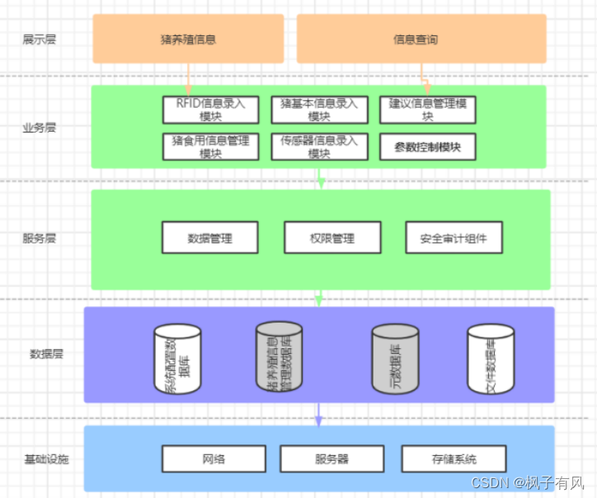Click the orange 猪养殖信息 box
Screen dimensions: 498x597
pyautogui.click(x=188, y=39)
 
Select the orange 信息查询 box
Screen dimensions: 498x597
pyautogui.click(x=421, y=39)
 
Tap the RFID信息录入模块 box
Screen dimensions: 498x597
pyautogui.click(x=211, y=110)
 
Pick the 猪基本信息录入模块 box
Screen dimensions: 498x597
pyautogui.click(x=319, y=110)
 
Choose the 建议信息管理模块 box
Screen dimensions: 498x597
pyautogui.click(x=428, y=110)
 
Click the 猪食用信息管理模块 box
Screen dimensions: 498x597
pyautogui.click(x=211, y=147)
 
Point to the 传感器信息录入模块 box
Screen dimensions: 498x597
pyautogui.click(x=319, y=147)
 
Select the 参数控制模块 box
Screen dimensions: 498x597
pyautogui.click(x=428, y=147)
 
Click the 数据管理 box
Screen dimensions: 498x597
pyautogui.click(x=210, y=238)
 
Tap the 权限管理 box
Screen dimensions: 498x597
pyautogui.click(x=331, y=238)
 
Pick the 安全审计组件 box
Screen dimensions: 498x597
pyautogui.click(x=453, y=238)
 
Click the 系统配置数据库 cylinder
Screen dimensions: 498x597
pyautogui.click(x=178, y=360)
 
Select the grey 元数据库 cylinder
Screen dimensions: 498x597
pyautogui.click(x=396, y=359)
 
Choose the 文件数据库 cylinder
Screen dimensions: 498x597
pyautogui.click(x=491, y=359)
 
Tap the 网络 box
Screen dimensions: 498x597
pyautogui.click(x=214, y=458)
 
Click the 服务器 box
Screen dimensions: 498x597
pyautogui.click(x=332, y=458)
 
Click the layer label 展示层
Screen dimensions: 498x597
pyautogui.click(x=40, y=39)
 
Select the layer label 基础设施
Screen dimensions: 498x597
pyautogui.click(x=46, y=458)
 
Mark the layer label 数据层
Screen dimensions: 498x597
pyautogui.click(x=47, y=354)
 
